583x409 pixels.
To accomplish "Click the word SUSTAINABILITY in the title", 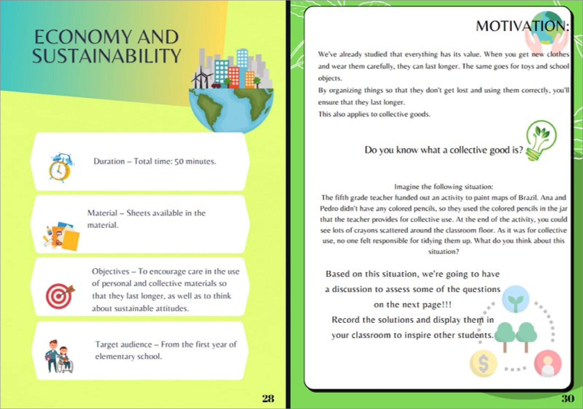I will (x=106, y=56).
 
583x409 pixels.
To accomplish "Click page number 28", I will (x=268, y=398).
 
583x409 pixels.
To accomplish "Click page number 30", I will (x=567, y=398).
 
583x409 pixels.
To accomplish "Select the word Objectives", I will (x=111, y=272).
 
